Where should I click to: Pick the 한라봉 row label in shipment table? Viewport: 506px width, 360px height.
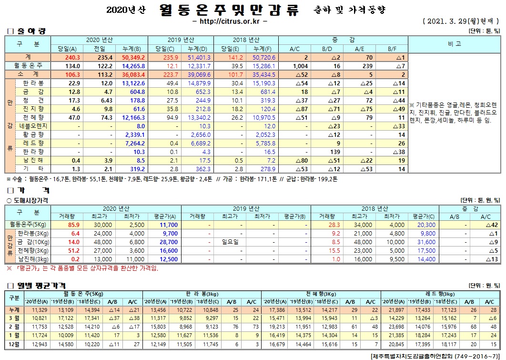(x=33, y=83)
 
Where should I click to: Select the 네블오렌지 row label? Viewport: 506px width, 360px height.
(x=33, y=126)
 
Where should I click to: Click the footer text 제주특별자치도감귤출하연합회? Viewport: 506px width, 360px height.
(x=412, y=356)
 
